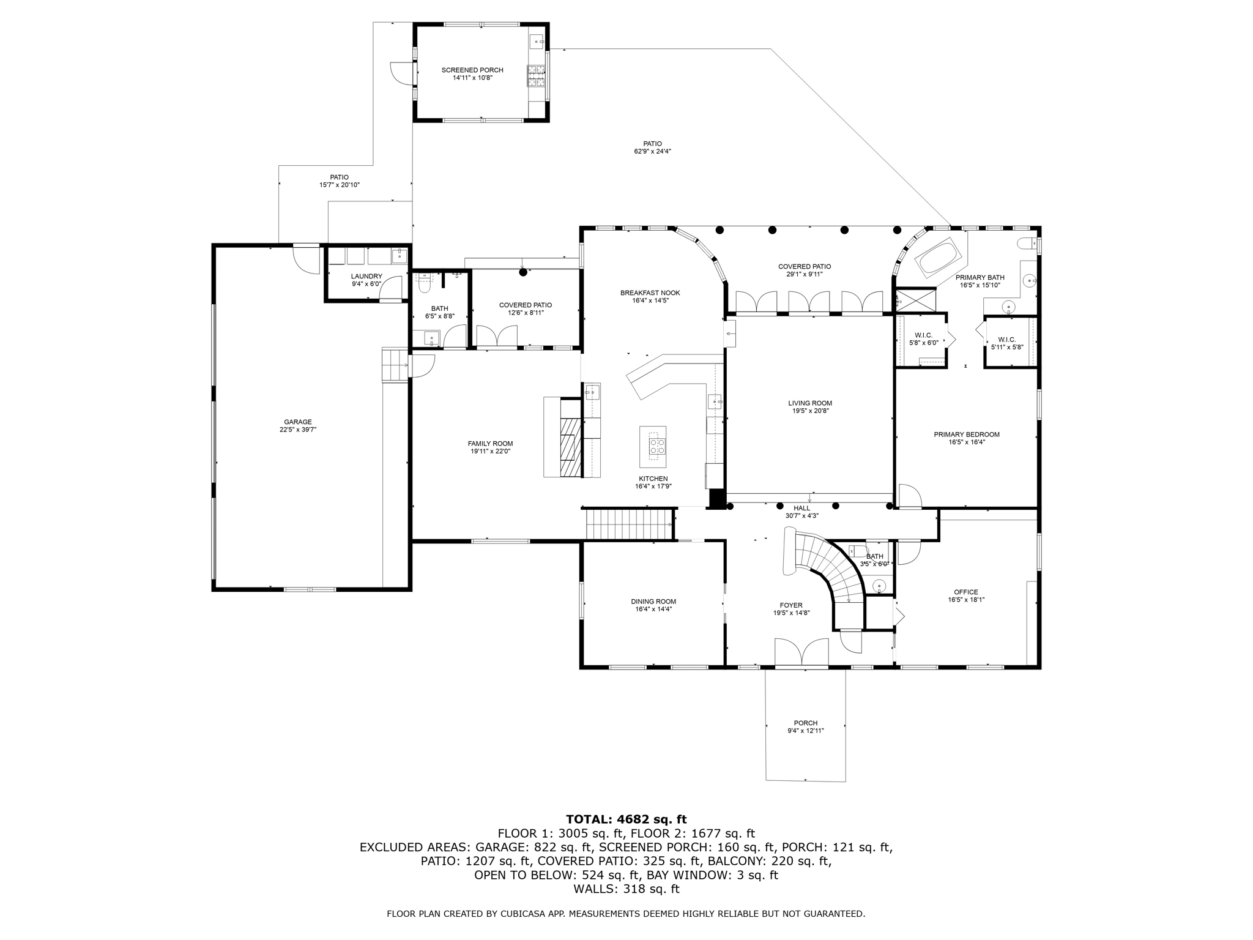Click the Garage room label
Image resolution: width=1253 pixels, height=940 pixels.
pos(297,422)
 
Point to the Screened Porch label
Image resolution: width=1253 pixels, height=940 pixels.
pos(472,70)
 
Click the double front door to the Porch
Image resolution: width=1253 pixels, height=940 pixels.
pos(801,652)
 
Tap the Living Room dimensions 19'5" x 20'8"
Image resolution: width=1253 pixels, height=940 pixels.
pos(809,411)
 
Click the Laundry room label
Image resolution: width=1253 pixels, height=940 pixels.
pos(366,277)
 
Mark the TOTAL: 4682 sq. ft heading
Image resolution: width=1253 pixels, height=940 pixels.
pos(626,819)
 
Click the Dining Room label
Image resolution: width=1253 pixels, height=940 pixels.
pos(653,602)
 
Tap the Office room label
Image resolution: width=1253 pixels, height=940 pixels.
pos(965,592)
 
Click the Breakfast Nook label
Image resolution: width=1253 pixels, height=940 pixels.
pos(650,293)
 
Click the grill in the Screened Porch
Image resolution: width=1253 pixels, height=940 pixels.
pos(537,77)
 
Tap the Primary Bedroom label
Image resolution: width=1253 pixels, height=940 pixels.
pos(966,435)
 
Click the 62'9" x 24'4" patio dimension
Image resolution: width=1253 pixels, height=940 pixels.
pos(652,152)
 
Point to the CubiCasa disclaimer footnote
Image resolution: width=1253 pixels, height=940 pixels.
pos(626,914)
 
